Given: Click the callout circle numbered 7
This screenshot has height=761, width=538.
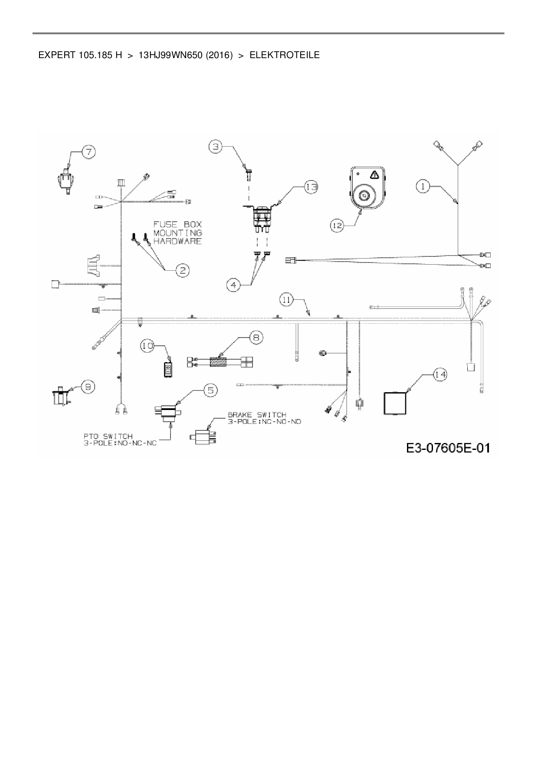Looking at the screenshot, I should point(89,152).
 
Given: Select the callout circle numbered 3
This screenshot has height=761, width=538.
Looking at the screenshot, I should point(216,147).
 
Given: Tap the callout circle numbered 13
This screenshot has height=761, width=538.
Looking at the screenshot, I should point(311,187).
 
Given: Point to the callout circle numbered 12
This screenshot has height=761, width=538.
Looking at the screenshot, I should point(337,225).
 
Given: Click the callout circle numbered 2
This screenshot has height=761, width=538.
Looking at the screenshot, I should point(183,271).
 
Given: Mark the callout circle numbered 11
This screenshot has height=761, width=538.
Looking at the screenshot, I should point(286,299).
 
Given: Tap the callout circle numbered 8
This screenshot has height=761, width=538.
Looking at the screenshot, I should point(256,337).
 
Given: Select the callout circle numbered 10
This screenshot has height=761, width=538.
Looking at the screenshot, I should point(148,345).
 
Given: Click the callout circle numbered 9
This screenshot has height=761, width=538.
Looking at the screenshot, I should point(88,386).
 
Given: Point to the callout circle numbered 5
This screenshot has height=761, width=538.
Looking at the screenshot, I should point(210,390).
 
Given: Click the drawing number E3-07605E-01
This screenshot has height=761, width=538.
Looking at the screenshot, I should point(448,447).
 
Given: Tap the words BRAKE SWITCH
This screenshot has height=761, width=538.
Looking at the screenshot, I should point(257,415).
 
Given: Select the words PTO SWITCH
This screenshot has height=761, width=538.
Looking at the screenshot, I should point(108,436).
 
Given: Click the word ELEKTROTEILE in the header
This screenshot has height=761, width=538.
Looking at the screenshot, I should point(285,55).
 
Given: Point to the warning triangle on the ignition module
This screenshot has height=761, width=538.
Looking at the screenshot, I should point(374,175).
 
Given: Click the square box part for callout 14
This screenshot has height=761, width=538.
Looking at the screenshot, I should point(394,403).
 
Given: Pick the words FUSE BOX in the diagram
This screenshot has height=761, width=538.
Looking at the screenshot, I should point(177,224).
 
